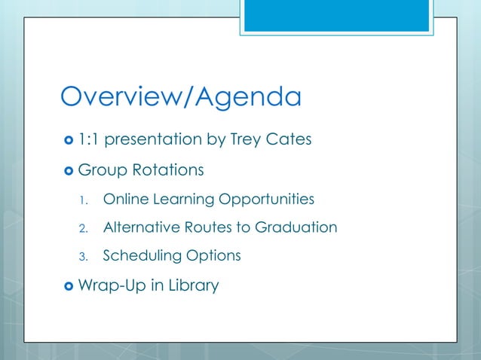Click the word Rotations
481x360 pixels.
168,170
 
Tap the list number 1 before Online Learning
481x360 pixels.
84,200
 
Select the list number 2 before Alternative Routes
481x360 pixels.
84,228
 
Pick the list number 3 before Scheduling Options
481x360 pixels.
84,257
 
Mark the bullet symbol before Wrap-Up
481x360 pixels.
67,286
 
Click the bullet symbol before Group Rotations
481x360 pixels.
67,170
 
